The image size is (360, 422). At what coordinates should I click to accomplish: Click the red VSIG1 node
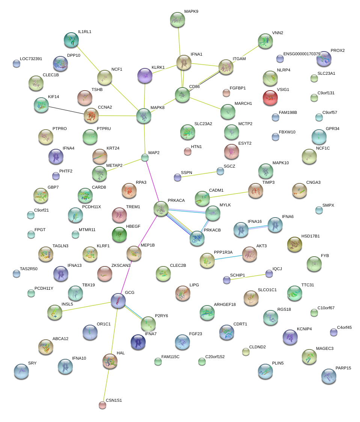pos(270,98)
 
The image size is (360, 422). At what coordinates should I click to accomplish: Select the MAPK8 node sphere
pos(144,116)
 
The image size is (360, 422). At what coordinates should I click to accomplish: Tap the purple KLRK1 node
pos(145,76)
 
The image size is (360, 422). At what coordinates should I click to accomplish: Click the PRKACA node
pos(161,209)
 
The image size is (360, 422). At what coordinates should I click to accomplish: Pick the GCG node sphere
pos(118,300)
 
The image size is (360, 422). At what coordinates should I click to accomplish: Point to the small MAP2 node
pos(145,158)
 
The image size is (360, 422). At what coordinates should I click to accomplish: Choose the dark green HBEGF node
pos(119,234)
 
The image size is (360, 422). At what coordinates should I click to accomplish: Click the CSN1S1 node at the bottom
pos(102,405)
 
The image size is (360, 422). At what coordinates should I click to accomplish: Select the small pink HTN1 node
pos(188,151)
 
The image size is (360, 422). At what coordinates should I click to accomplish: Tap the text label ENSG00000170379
pos(302,54)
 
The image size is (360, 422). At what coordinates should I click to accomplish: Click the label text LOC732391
pos(31,59)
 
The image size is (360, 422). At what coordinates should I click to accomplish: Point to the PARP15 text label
pos(343,368)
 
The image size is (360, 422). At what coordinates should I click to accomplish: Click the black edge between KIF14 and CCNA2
pos(66,110)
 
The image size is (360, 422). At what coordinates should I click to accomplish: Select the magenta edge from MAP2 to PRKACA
pos(153,183)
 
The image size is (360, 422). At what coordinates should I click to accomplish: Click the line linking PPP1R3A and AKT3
pos(228,257)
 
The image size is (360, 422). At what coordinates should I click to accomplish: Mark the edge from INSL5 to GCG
pos(86,306)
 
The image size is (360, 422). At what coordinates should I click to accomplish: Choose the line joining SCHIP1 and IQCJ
pos(248,277)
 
